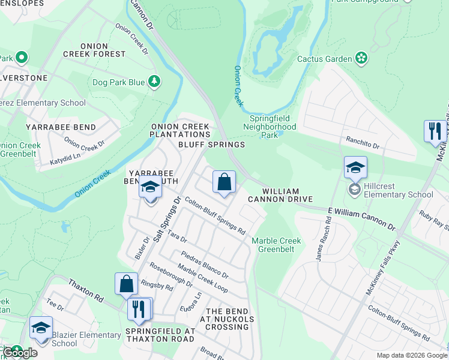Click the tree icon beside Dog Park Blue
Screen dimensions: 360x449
[154, 82]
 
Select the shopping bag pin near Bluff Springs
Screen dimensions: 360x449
[224, 182]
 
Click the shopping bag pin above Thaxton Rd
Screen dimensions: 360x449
[127, 284]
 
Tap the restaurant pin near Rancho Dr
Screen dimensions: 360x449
[434, 131]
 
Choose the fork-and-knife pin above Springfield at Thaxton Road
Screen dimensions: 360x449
[139, 309]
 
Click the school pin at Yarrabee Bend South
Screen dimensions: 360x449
[149, 188]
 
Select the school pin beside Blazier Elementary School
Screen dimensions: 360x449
[41, 328]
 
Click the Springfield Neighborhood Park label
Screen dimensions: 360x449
[270, 127]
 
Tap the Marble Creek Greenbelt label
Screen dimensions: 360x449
[276, 245]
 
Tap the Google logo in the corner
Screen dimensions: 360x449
[20, 352]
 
